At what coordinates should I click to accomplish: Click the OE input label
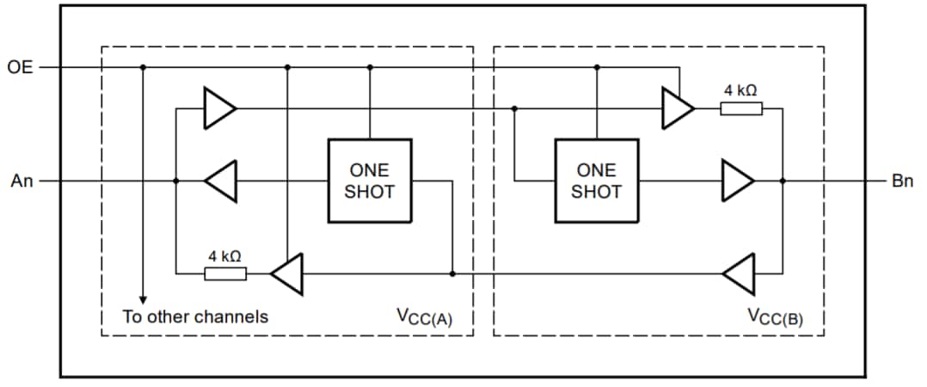click(x=20, y=66)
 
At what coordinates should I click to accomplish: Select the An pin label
click(x=21, y=181)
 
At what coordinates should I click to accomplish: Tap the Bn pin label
click(x=902, y=181)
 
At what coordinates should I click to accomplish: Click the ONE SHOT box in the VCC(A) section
click(x=369, y=181)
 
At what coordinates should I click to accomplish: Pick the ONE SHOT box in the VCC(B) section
click(x=596, y=181)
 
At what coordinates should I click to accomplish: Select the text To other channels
click(x=195, y=316)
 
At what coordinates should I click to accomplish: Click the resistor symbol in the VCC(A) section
click(x=225, y=274)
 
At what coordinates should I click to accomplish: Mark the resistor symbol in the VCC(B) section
click(x=740, y=108)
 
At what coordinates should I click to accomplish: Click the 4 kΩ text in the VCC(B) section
click(x=740, y=90)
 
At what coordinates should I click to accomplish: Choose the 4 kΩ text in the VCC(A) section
click(x=224, y=256)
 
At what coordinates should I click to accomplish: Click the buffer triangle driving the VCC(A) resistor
click(x=287, y=274)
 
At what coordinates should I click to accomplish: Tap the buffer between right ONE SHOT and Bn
click(x=737, y=181)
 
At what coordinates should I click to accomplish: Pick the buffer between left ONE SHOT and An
click(x=221, y=181)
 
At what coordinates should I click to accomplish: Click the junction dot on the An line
click(x=175, y=181)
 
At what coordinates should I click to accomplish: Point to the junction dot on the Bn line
click(x=783, y=181)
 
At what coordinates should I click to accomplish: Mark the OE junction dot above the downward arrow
click(x=143, y=66)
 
